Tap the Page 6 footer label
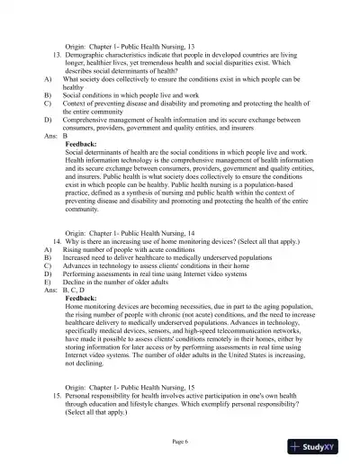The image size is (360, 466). [x=180, y=441]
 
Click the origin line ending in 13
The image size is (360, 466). [x=124, y=46]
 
